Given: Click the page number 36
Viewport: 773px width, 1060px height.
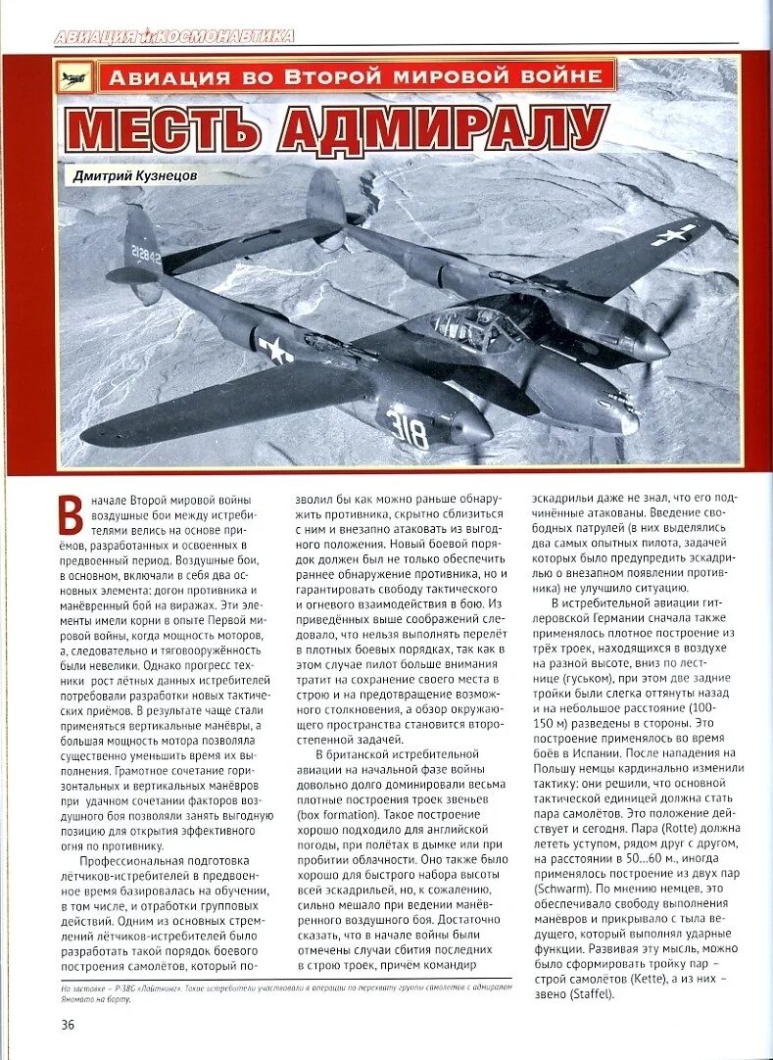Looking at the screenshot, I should [x=67, y=1025].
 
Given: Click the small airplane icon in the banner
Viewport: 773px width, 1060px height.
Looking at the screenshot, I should [x=74, y=77].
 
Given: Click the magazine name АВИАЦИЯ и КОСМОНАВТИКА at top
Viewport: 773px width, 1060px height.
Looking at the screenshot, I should [x=173, y=37].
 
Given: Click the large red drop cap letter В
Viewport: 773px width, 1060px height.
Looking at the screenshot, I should [x=70, y=515].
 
